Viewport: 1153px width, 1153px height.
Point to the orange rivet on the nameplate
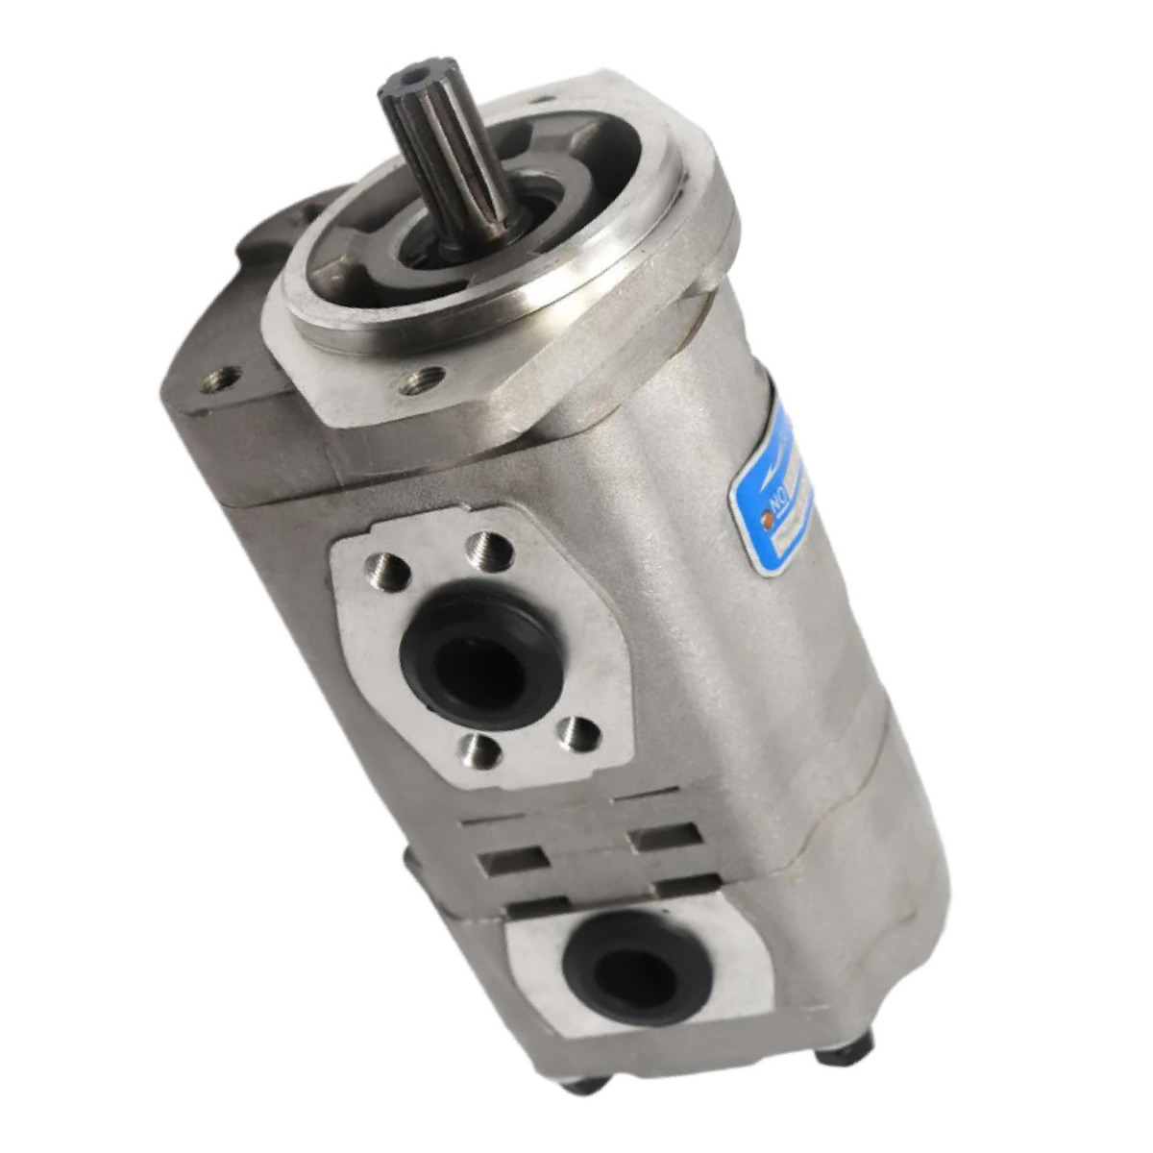point(767,520)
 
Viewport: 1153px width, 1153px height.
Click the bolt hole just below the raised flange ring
point(424,380)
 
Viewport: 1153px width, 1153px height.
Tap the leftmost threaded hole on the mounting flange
point(217,380)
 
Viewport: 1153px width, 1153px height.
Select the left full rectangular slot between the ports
point(513,858)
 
